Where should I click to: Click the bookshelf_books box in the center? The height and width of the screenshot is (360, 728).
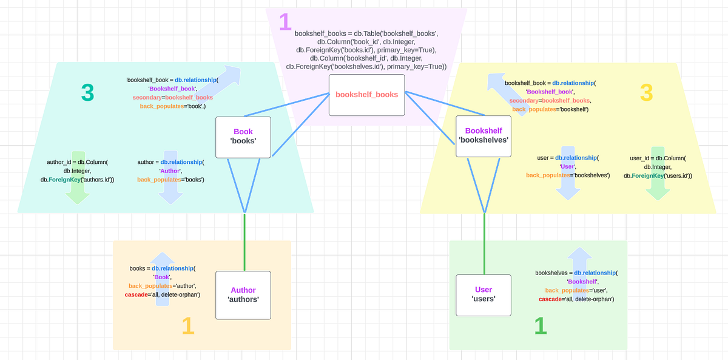coord(366,95)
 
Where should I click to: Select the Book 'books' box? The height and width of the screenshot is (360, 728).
coord(243,136)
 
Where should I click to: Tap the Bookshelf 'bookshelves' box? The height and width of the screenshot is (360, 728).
coord(483,135)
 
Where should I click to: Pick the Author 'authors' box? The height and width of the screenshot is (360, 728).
coord(243,294)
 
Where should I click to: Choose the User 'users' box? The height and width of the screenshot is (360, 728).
coord(483,294)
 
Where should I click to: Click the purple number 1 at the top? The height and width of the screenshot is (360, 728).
coord(285,22)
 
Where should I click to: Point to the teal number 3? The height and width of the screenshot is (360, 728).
coord(87,92)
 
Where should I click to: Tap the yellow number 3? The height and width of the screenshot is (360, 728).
coord(646,92)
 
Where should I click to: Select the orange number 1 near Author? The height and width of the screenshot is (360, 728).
coord(188,327)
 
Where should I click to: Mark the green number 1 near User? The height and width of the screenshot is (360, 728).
coord(540,326)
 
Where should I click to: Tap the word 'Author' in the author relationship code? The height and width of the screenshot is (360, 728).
coord(170,171)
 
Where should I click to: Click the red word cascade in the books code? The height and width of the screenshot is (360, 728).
coord(138,294)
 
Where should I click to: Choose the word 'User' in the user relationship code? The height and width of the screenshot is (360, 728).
coord(568,166)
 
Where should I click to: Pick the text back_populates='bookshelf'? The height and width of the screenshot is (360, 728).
coord(550,109)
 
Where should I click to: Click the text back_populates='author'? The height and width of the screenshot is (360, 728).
coord(162,285)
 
